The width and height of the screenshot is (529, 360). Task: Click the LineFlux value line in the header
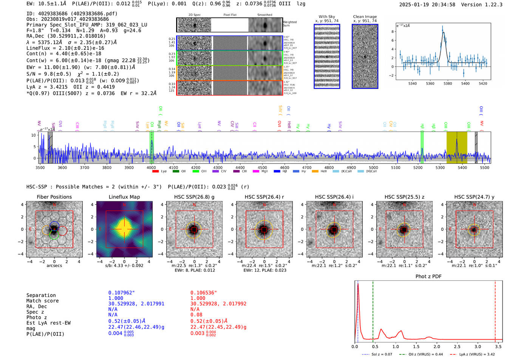pos(65,48)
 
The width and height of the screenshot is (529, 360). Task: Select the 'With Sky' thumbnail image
pos(327,56)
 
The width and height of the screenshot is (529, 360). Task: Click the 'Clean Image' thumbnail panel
pos(365,56)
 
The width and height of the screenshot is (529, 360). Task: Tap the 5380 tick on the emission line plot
pos(448,83)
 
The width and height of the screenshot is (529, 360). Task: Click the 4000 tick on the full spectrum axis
pos(151,167)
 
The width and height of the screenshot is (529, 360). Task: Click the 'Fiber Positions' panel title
pos(54,197)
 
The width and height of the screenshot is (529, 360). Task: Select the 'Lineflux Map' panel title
pos(124,197)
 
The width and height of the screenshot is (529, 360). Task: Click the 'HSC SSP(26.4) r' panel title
pos(264,197)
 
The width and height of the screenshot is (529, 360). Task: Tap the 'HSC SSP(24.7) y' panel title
pos(474,197)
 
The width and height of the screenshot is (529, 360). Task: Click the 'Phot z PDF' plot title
pos(428,276)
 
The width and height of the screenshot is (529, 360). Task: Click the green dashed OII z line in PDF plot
pos(373,310)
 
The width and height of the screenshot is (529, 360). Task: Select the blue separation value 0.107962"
pos(121,293)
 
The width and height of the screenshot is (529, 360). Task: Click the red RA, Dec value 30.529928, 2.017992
pos(218,304)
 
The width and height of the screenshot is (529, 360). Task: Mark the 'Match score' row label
pos(42,301)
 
